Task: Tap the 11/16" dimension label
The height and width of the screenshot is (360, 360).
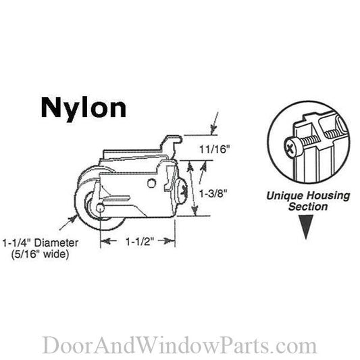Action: pyautogui.click(x=214, y=149)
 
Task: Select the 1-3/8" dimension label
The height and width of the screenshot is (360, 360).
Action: pyautogui.click(x=213, y=194)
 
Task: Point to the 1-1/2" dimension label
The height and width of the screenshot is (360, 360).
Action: pyautogui.click(x=140, y=241)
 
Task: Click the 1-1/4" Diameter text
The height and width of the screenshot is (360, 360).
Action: pyautogui.click(x=41, y=243)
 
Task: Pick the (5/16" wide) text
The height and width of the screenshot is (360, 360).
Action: pyautogui.click(x=41, y=255)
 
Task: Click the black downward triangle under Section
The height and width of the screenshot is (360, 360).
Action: pyautogui.click(x=306, y=227)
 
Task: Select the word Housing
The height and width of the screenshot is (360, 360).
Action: pyautogui.click(x=328, y=197)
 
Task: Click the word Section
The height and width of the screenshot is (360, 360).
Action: pyautogui.click(x=308, y=207)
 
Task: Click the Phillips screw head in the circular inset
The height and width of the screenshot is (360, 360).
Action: pyautogui.click(x=292, y=147)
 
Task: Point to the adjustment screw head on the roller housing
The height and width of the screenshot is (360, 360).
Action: pyautogui.click(x=182, y=190)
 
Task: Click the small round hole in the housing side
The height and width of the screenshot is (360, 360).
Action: pyautogui.click(x=151, y=183)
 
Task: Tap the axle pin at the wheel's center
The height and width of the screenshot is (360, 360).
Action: pyautogui.click(x=101, y=208)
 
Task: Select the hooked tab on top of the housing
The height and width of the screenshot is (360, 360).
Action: pyautogui.click(x=174, y=140)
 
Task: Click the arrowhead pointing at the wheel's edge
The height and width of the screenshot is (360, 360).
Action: pyautogui.click(x=74, y=218)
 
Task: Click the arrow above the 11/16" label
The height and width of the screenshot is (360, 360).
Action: pyautogui.click(x=214, y=124)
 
